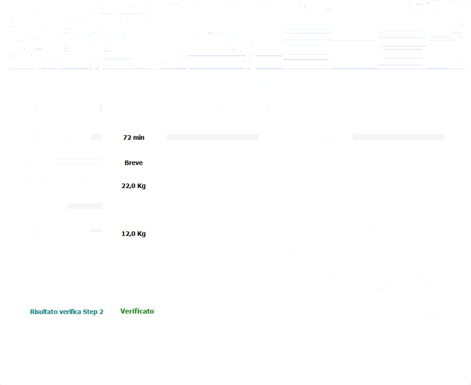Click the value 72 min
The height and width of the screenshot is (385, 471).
coord(134,137)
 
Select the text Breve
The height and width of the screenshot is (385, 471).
coord(134,163)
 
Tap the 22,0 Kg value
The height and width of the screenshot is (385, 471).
coord(134,186)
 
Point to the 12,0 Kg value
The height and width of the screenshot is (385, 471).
coord(134,234)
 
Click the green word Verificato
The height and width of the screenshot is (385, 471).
coord(137,311)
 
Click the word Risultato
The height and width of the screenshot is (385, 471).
coord(45,311)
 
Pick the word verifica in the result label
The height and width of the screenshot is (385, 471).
coord(71,311)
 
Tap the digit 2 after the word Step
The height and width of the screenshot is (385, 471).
coord(101,311)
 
